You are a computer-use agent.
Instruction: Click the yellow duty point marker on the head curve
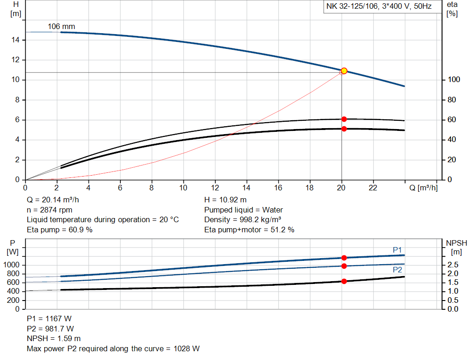point(344,71)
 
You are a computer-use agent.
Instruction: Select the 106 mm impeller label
point(61,27)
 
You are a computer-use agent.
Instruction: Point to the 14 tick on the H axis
point(16,40)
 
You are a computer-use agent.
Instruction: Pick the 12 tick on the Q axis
point(215,188)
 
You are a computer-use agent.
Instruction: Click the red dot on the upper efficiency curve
point(344,119)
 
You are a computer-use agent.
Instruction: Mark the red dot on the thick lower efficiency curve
point(344,129)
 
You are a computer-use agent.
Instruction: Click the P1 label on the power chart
point(397,250)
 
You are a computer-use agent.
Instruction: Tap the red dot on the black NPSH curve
point(344,281)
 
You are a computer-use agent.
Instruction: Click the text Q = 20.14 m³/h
point(56,200)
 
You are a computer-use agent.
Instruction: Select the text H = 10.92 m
point(225,200)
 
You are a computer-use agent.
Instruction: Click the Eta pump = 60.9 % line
point(59,230)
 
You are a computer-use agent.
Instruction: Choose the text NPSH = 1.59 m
point(54,338)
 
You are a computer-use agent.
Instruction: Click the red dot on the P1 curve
point(344,258)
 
